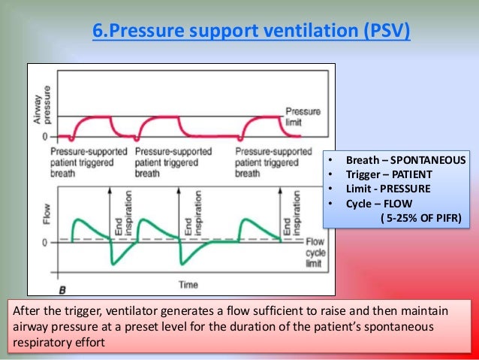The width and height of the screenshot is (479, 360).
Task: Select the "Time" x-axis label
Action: click(x=188, y=284)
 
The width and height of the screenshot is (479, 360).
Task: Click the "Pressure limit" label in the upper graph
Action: click(x=303, y=116)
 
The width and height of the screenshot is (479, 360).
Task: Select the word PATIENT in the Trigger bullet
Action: click(x=414, y=174)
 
